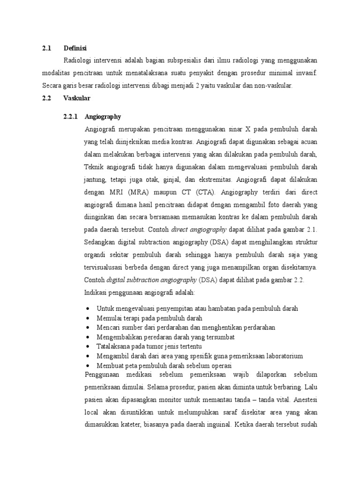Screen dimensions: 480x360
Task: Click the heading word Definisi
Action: pyautogui.click(x=76, y=48)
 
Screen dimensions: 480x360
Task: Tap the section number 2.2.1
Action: pyautogui.click(x=72, y=117)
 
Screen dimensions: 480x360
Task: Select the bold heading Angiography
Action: pyautogui.click(x=103, y=117)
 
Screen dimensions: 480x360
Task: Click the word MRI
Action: pyautogui.click(x=118, y=192)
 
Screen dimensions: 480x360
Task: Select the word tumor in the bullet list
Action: pyautogui.click(x=149, y=346)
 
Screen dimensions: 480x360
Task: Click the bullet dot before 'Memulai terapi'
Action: pyautogui.click(x=89, y=318)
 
